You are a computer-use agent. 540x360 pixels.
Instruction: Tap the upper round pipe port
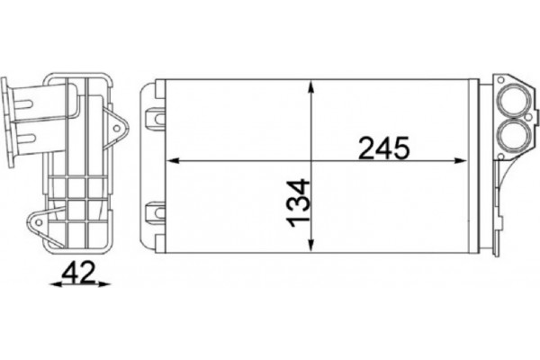tap(514, 101)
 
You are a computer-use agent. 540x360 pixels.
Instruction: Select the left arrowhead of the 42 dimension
tap(49, 285)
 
